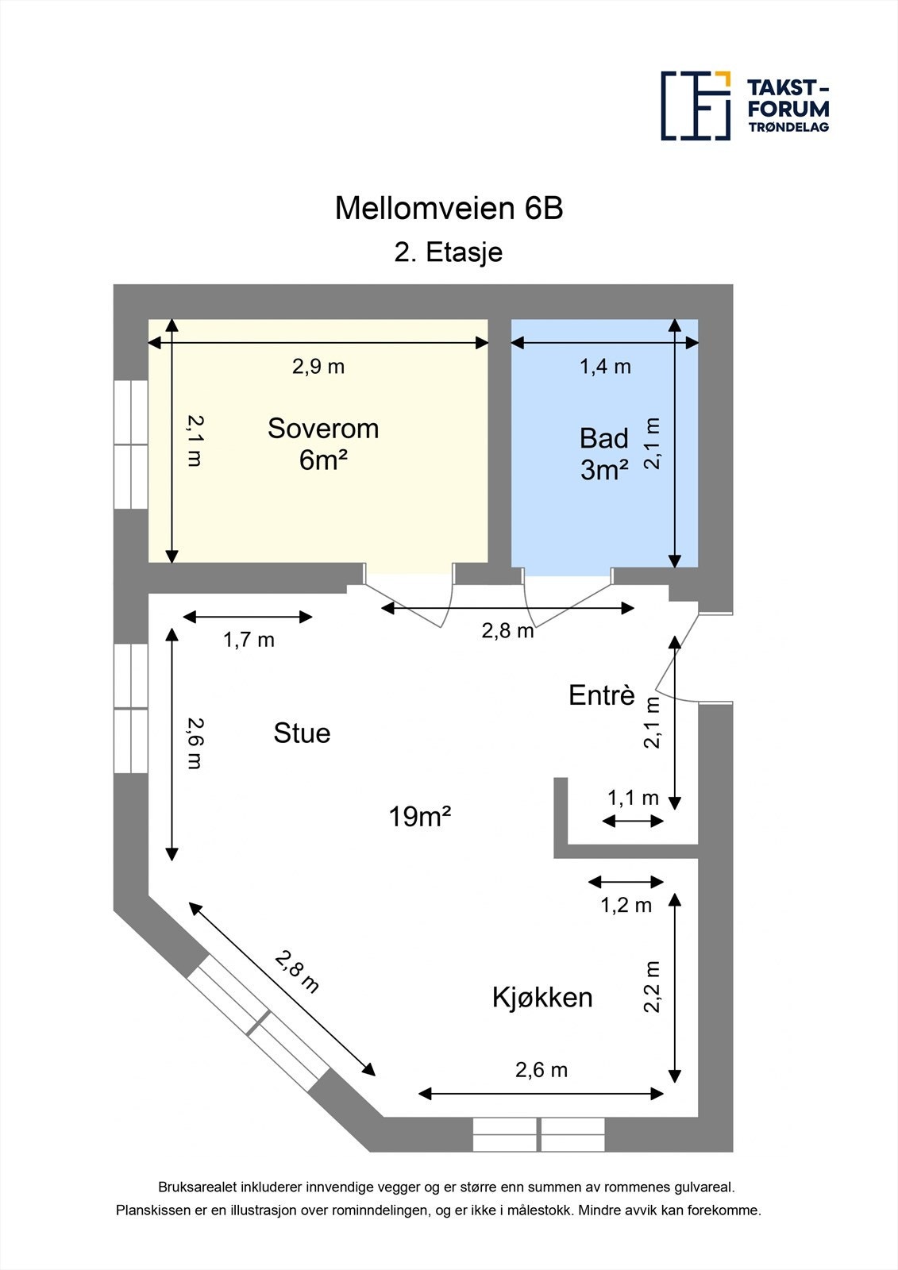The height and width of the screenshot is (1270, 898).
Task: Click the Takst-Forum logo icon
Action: coord(696,106)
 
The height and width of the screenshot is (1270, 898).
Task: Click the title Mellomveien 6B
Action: coord(449,209)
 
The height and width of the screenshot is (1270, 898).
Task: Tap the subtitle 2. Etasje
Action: coord(449,252)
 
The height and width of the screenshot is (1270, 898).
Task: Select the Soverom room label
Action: coord(323,429)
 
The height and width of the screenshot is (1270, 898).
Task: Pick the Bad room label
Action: coord(603,438)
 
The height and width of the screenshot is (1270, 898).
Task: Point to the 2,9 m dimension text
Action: coord(318,367)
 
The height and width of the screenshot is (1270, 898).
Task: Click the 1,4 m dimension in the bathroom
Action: coord(605,367)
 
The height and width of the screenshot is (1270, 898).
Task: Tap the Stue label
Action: coord(302,733)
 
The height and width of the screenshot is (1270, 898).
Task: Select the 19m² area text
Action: coord(420,816)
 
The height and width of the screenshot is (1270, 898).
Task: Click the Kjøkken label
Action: coord(542,997)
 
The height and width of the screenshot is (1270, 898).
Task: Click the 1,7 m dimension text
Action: coord(249,640)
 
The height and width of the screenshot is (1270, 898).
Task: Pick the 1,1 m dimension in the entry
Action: coord(633,798)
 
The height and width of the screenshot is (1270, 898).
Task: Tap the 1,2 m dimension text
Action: coord(626,905)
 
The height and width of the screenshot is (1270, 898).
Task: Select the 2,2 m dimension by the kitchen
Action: coord(653,987)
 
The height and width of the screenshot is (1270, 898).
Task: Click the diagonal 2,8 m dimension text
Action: coord(298,972)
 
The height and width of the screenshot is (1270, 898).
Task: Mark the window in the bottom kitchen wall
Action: coord(539,1134)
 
